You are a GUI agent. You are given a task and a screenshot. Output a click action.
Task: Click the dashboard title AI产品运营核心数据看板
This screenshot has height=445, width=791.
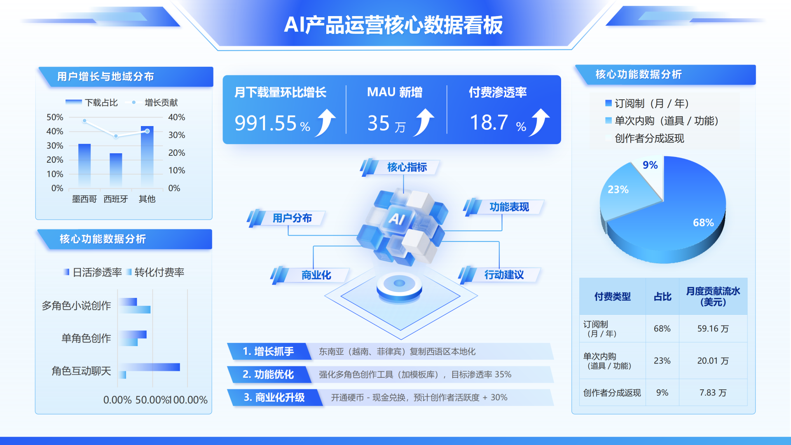(393, 25)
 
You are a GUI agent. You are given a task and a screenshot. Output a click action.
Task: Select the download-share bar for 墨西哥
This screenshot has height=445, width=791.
(84, 165)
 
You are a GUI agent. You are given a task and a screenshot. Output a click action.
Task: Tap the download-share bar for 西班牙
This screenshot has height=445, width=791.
(116, 170)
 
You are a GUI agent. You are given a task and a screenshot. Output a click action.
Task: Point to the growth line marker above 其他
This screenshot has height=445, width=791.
(147, 131)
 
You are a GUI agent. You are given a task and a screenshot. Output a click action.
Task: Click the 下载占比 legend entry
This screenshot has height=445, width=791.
(91, 102)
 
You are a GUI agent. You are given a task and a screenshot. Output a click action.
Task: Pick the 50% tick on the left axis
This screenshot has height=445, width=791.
(55, 117)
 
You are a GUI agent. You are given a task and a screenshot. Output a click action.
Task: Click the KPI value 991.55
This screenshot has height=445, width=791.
(266, 123)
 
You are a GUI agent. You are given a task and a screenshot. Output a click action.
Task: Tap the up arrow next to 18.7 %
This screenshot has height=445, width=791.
(540, 122)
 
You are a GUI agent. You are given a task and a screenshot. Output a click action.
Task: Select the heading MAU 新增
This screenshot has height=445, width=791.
(395, 92)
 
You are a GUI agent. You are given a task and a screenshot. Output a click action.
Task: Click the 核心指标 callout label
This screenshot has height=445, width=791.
(407, 167)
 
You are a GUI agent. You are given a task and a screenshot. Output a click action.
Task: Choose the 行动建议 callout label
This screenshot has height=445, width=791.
(504, 275)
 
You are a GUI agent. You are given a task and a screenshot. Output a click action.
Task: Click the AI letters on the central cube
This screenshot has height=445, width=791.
(397, 218)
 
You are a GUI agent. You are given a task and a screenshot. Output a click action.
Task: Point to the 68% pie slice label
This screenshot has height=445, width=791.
(703, 222)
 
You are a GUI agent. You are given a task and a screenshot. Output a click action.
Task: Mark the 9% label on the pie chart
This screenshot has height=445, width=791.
(650, 165)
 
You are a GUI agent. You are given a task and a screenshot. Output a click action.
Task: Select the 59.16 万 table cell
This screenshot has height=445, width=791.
(713, 328)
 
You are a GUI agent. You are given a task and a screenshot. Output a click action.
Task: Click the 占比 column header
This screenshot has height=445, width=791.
(662, 297)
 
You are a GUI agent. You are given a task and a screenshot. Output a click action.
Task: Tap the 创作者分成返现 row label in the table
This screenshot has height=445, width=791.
(612, 393)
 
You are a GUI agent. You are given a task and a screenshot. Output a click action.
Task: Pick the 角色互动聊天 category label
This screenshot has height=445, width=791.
(81, 371)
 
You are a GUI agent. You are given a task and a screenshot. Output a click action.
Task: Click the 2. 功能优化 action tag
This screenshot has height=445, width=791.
(268, 375)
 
